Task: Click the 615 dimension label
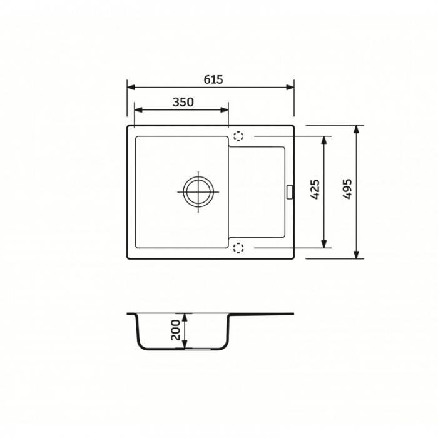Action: click(x=213, y=79)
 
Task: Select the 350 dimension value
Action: click(x=183, y=102)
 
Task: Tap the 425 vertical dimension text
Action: click(x=315, y=190)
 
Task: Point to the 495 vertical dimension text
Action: click(x=347, y=189)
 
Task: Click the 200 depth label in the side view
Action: click(x=176, y=330)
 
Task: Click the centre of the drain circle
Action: click(x=198, y=192)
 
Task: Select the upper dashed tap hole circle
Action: click(x=238, y=136)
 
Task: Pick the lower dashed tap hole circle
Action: click(x=238, y=248)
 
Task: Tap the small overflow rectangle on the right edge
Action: click(x=289, y=192)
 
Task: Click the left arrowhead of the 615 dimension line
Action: click(x=131, y=88)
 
